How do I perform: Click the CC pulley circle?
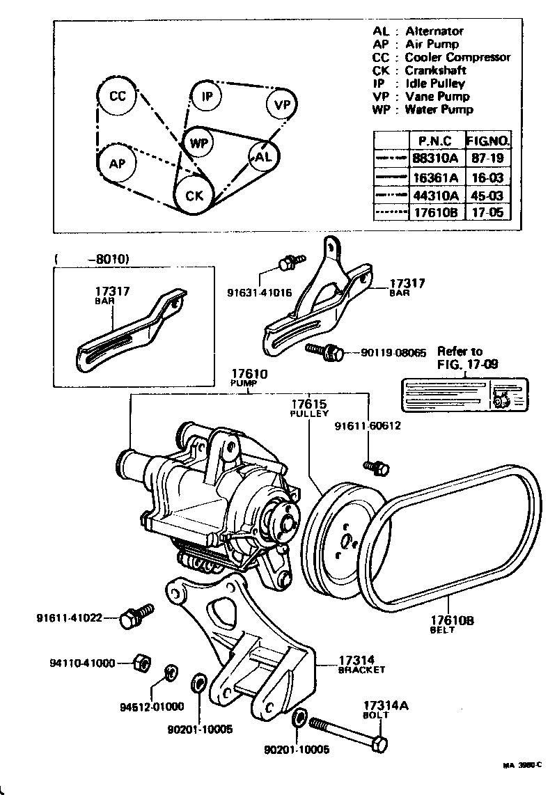click(118, 97)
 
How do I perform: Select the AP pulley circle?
click(116, 164)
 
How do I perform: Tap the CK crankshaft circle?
click(194, 196)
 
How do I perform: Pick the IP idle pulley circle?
click(207, 97)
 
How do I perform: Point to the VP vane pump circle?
click(281, 104)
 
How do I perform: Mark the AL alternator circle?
click(263, 157)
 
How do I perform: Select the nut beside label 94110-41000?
click(139, 661)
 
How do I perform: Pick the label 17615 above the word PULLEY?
click(308, 404)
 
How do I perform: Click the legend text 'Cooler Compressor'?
click(457, 57)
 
